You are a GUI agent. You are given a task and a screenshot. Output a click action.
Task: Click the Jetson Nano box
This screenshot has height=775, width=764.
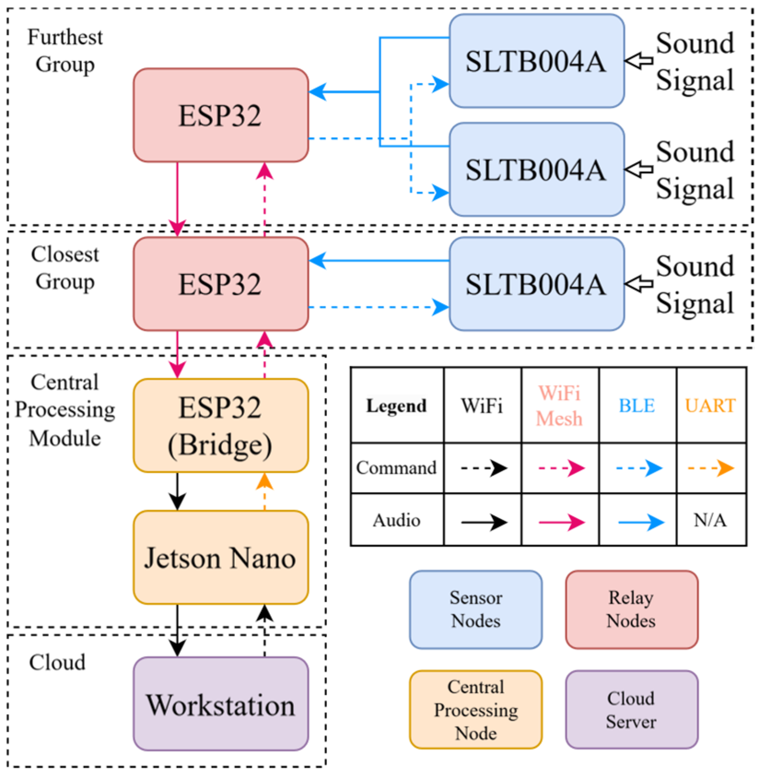click(x=221, y=558)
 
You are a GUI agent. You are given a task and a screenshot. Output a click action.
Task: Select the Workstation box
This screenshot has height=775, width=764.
click(x=221, y=704)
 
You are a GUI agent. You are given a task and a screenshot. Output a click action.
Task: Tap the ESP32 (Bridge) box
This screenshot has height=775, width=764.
click(x=221, y=426)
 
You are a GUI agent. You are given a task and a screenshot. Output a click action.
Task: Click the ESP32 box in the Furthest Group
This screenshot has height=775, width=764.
click(x=221, y=115)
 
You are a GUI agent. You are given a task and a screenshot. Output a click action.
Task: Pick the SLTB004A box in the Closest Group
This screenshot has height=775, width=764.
click(x=537, y=284)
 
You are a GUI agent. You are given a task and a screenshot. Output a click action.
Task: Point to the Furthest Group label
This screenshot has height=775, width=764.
click(x=65, y=50)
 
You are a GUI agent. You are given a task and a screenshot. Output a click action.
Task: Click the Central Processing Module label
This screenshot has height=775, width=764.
click(x=65, y=410)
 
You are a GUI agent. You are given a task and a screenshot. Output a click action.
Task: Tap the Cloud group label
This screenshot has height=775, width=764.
click(x=58, y=663)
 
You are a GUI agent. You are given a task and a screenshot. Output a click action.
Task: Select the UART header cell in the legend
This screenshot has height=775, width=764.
click(x=710, y=405)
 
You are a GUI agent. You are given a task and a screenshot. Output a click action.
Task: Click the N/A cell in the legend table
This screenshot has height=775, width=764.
click(x=710, y=520)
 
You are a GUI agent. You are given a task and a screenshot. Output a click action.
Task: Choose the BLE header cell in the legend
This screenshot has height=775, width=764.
click(x=637, y=405)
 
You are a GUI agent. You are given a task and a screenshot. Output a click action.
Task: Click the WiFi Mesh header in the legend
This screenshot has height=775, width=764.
click(x=560, y=405)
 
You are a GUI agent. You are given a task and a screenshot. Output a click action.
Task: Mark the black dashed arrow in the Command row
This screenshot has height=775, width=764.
click(x=484, y=468)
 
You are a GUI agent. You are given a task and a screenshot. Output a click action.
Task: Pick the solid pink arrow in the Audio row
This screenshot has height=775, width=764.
click(x=561, y=522)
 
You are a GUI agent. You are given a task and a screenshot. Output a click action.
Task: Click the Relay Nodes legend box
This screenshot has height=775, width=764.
click(x=631, y=609)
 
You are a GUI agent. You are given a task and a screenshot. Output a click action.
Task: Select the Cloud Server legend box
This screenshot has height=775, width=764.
click(x=631, y=710)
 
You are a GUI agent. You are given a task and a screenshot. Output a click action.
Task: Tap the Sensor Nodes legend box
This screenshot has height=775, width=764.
click(x=476, y=609)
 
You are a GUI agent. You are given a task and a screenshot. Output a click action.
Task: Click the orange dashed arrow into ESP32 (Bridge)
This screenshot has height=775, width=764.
click(x=264, y=491)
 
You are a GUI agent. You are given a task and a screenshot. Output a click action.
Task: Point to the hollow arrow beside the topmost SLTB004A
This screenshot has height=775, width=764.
click(x=639, y=60)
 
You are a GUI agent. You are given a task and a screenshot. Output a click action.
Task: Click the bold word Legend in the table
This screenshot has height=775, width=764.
click(x=397, y=405)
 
